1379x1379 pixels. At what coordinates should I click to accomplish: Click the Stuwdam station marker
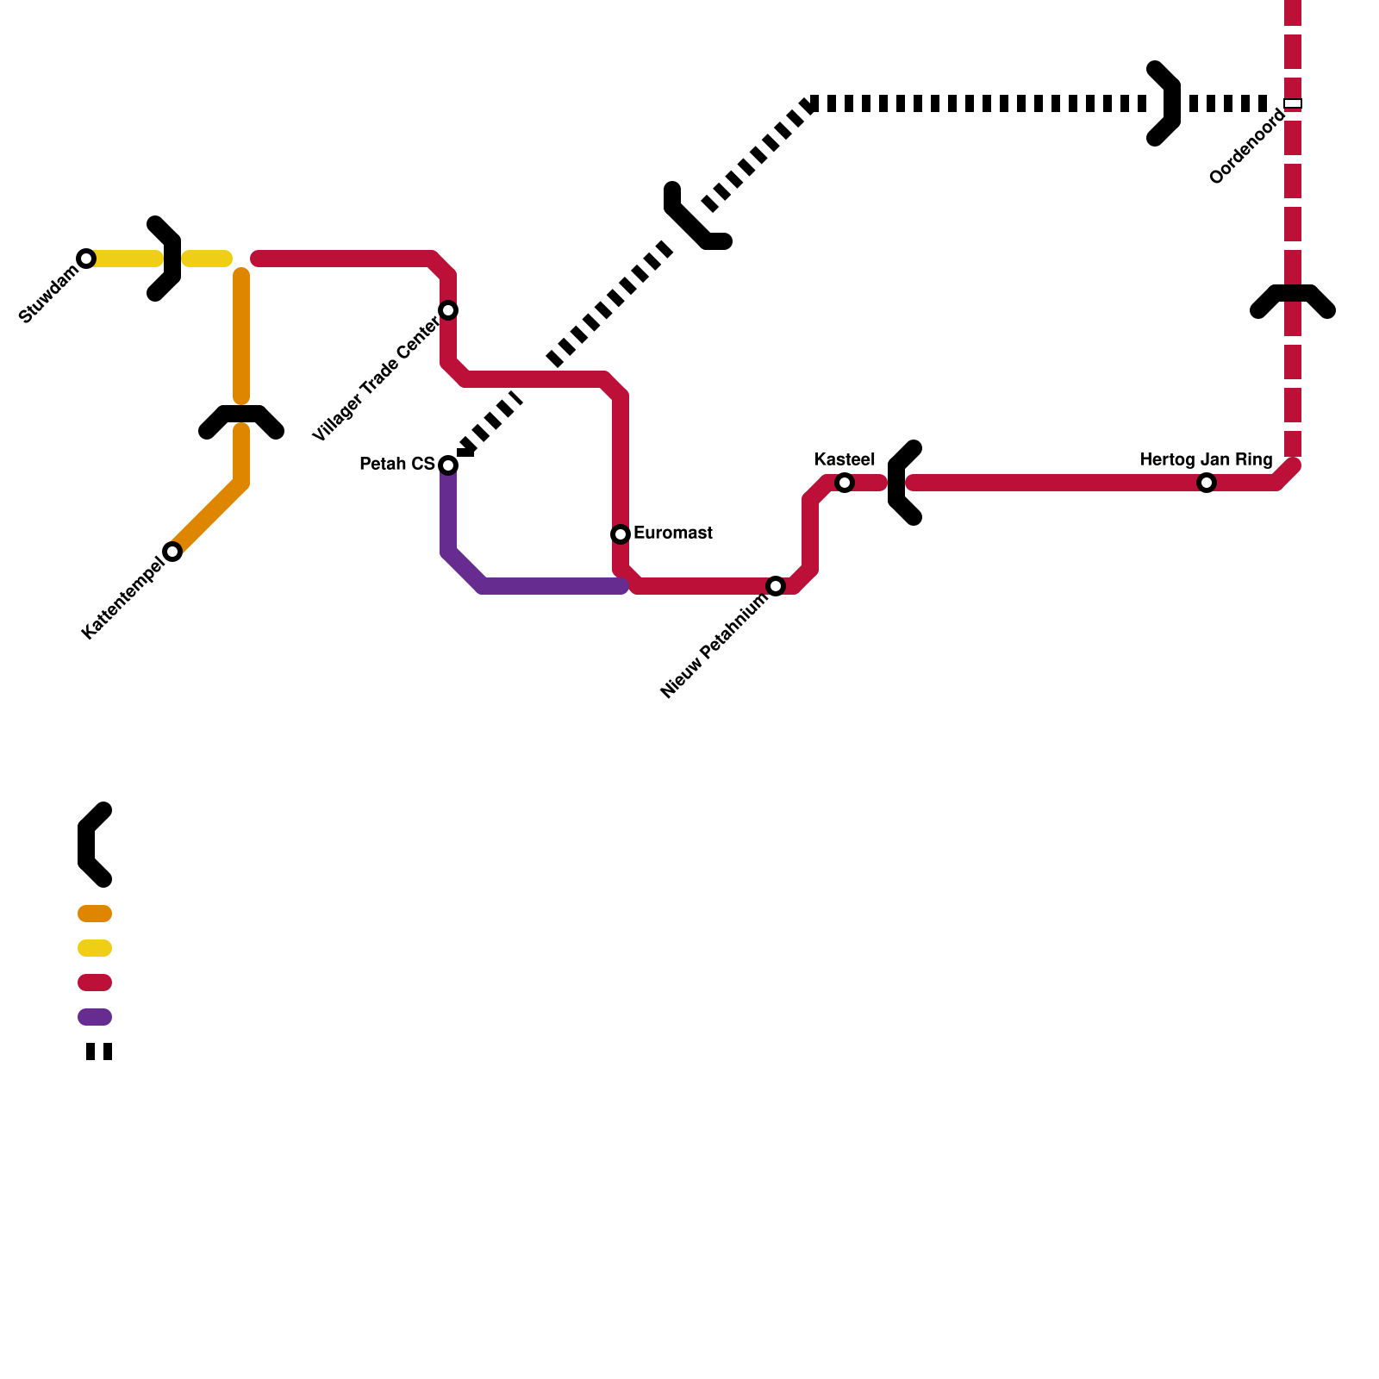pyautogui.click(x=86, y=259)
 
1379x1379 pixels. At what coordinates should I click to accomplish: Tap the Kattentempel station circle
pyautogui.click(x=172, y=552)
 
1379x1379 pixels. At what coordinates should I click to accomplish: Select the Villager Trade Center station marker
pyautogui.click(x=448, y=310)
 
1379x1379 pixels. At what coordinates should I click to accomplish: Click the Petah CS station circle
pyautogui.click(x=448, y=465)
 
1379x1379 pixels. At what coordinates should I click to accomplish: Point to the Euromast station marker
pyautogui.click(x=621, y=534)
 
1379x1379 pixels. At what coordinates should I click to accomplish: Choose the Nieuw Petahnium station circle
pyautogui.click(x=776, y=586)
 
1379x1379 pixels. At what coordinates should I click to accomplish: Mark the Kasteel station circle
pyautogui.click(x=845, y=483)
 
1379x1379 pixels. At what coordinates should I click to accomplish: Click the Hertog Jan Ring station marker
pyautogui.click(x=1207, y=483)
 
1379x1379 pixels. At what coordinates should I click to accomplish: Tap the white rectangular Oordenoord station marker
pyautogui.click(x=1293, y=104)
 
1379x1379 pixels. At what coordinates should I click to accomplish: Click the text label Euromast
pyautogui.click(x=673, y=534)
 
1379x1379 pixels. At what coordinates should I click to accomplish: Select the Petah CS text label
pyautogui.click(x=397, y=465)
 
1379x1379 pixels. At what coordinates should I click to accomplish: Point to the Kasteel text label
pyautogui.click(x=845, y=459)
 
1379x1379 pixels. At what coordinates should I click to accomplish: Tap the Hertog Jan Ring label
pyautogui.click(x=1206, y=459)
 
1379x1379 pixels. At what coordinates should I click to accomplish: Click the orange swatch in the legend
pyautogui.click(x=95, y=914)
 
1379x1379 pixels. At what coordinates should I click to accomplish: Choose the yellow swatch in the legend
pyautogui.click(x=95, y=948)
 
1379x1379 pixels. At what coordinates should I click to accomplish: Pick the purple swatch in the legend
pyautogui.click(x=95, y=1017)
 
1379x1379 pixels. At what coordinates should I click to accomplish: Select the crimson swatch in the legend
pyautogui.click(x=95, y=983)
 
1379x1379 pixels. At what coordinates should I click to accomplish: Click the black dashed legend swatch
pyautogui.click(x=99, y=1051)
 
